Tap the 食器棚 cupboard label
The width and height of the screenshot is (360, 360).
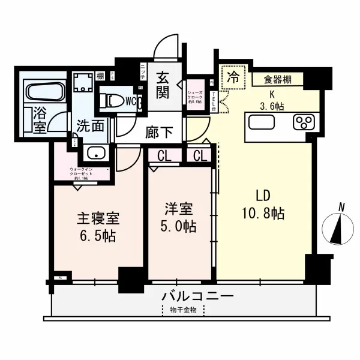click(x=278, y=78)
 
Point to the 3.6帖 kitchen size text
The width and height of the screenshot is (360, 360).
click(x=272, y=105)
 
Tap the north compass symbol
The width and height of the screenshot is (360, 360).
click(x=338, y=229)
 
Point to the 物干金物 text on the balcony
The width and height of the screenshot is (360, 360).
click(x=184, y=310)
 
